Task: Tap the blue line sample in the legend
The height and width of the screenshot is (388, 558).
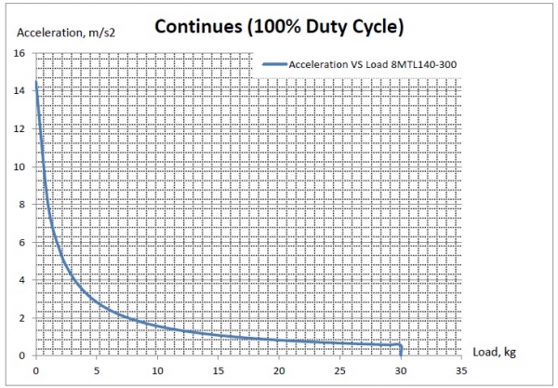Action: pos(276,64)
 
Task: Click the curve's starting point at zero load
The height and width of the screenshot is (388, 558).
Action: pos(35,82)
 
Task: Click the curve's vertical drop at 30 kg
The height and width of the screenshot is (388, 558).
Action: pos(401,350)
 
